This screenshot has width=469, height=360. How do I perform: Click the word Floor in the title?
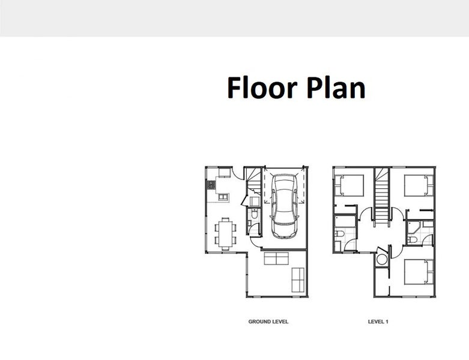[262, 87]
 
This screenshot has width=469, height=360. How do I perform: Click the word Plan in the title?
[336, 87]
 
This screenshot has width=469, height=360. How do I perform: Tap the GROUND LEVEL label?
[268, 322]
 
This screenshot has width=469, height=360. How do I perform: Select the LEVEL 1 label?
[378, 322]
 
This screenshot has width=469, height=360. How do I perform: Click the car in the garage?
[284, 206]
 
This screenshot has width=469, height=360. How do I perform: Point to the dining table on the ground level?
[226, 233]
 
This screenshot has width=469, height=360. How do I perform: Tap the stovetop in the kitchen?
[211, 185]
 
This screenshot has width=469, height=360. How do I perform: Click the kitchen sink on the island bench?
[223, 197]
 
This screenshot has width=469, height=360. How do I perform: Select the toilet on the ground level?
[254, 214]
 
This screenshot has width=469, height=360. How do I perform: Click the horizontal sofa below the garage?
[276, 259]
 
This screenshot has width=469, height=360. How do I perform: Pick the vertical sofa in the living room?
[298, 280]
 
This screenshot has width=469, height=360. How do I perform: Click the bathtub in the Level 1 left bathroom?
[345, 221]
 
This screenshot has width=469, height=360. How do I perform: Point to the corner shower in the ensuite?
[413, 229]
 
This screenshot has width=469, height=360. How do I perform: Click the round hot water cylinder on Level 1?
[382, 259]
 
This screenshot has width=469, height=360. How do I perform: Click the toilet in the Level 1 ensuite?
[413, 239]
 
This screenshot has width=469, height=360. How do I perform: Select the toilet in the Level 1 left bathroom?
[339, 233]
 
